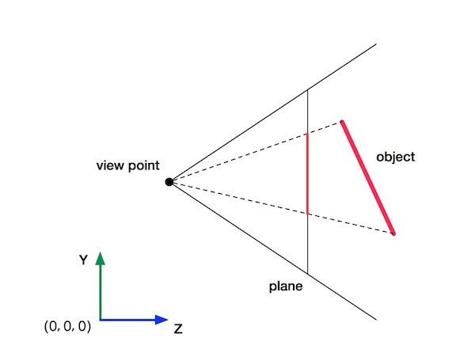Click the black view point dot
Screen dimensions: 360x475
click(x=169, y=182)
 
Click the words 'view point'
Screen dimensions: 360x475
click(x=127, y=166)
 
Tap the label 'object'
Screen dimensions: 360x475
click(x=396, y=157)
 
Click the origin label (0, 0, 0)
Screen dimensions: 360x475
click(x=68, y=325)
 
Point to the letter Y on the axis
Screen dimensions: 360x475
click(x=82, y=259)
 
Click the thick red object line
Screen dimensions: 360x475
click(x=367, y=177)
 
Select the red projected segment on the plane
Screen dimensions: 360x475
click(x=307, y=174)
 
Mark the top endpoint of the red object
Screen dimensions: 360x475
click(x=342, y=122)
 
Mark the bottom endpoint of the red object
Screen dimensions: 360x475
click(x=393, y=233)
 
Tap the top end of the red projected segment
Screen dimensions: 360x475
click(x=307, y=135)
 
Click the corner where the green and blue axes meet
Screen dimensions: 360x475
click(x=100, y=320)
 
